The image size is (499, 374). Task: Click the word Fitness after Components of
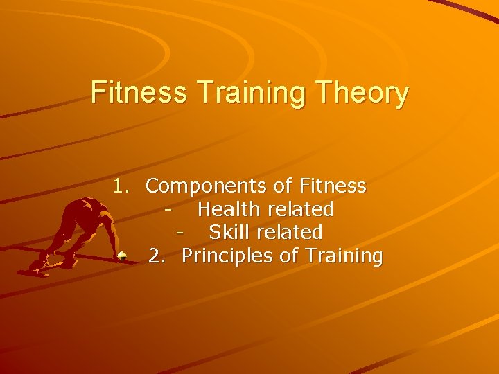point(333,186)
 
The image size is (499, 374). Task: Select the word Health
point(227,208)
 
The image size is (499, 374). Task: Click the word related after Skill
point(292,231)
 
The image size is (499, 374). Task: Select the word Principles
point(227,256)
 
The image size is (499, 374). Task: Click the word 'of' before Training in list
point(289,256)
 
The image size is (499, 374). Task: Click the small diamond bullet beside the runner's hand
point(121,256)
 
